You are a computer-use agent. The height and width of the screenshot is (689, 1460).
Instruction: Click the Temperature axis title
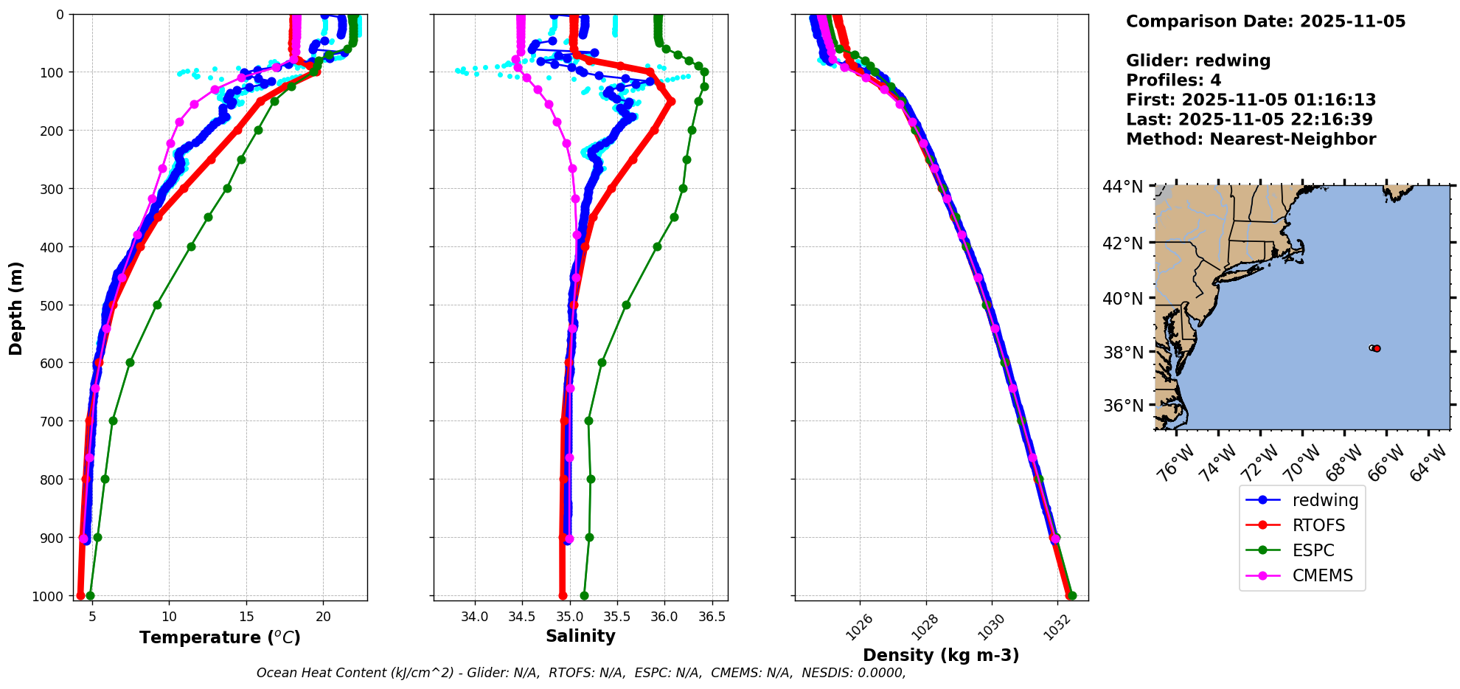click(220, 637)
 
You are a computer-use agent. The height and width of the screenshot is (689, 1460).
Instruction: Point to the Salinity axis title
click(580, 636)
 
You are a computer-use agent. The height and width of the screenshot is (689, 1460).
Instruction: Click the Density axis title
click(941, 655)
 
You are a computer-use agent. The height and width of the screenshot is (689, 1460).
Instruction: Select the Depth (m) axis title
click(16, 308)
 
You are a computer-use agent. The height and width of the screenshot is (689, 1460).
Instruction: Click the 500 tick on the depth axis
click(52, 305)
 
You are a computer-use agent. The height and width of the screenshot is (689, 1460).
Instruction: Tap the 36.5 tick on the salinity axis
click(711, 617)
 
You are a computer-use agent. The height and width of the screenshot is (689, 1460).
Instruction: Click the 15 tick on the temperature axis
click(246, 617)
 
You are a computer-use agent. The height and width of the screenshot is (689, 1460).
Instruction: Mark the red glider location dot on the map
click(1377, 348)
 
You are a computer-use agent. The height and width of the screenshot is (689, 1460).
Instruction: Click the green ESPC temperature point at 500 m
click(157, 305)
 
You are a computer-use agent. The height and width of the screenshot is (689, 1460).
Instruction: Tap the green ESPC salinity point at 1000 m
click(584, 595)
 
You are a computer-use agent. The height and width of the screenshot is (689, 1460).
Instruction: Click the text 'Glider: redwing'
click(1198, 60)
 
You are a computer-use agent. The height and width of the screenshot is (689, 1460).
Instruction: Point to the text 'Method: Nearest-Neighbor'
click(1251, 139)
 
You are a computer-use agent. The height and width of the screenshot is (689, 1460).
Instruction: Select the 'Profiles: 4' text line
click(1173, 80)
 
